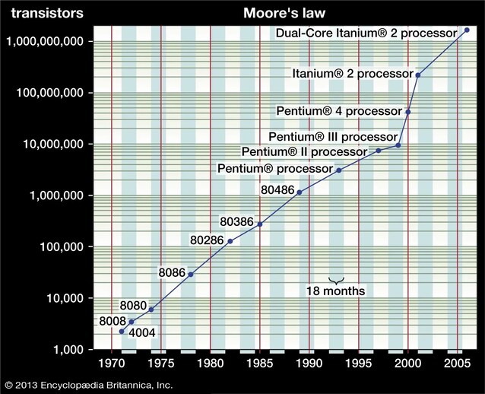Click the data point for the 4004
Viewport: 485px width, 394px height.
[x=122, y=332]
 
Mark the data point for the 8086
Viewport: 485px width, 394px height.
[x=191, y=274]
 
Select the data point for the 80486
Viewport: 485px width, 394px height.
[x=300, y=192]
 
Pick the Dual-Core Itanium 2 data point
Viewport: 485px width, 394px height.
[x=467, y=30]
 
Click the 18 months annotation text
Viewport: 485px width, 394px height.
[x=335, y=291]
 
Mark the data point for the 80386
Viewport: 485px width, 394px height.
[x=260, y=224]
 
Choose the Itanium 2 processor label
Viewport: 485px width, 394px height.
[x=351, y=74]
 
